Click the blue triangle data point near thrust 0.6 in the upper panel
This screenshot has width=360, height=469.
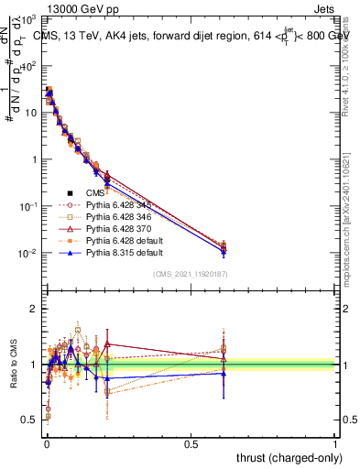(x=224, y=251)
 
